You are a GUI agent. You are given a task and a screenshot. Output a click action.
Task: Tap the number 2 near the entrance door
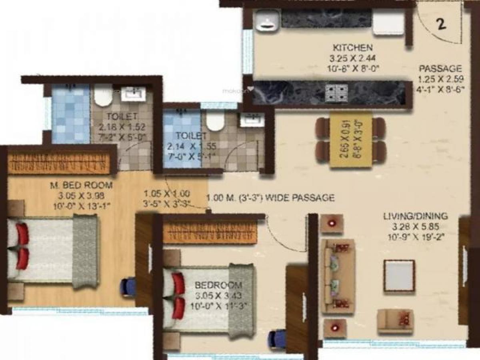(x=441, y=24)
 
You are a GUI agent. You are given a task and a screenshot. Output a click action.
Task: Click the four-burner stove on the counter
(x=336, y=93)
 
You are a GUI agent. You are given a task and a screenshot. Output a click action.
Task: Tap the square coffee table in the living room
(x=399, y=276)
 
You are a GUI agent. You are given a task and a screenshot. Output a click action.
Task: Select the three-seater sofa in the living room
(x=338, y=276)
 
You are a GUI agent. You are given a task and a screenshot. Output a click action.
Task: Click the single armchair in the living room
(x=395, y=321)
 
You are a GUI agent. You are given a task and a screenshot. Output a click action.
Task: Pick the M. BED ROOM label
(x=81, y=186)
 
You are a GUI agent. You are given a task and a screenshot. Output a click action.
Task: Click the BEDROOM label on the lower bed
(x=218, y=285)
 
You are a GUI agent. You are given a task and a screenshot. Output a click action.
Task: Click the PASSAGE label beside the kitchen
(x=440, y=68)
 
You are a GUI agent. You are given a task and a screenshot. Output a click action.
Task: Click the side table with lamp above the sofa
(x=332, y=223)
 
